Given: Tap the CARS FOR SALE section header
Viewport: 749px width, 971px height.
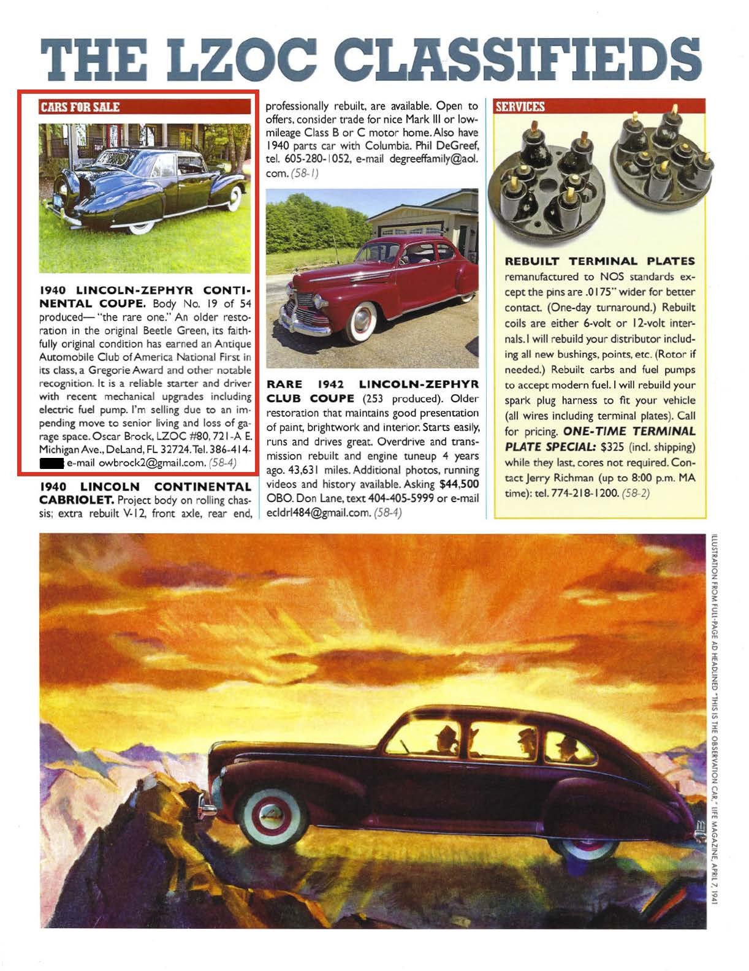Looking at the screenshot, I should pyautogui.click(x=80, y=107).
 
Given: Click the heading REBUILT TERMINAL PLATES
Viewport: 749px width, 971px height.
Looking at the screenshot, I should pyautogui.click(x=599, y=262).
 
